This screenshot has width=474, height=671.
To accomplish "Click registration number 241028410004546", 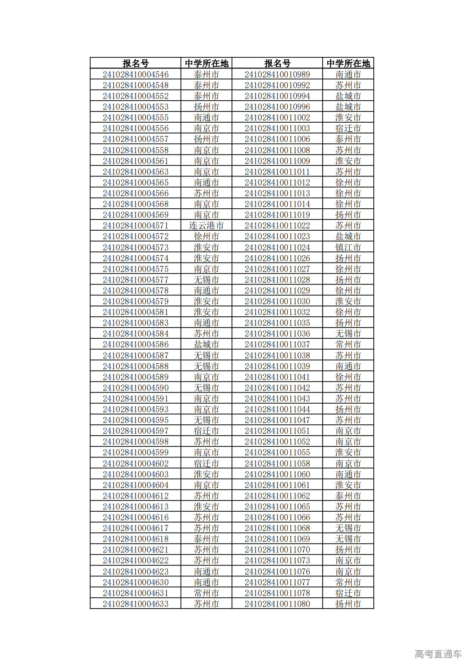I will click(x=135, y=74).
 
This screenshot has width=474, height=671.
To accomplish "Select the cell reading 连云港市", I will click(x=206, y=226).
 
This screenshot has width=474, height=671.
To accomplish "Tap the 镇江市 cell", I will click(x=348, y=247).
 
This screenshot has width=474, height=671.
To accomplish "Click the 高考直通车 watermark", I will click(x=438, y=654).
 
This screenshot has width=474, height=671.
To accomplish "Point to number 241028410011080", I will click(x=277, y=604).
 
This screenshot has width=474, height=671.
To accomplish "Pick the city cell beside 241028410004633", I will click(x=206, y=604).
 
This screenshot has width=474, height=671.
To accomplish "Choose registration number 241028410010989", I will click(x=277, y=74).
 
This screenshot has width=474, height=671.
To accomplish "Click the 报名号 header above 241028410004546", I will click(x=135, y=63).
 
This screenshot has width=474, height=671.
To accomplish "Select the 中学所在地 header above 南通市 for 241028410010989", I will click(x=348, y=63).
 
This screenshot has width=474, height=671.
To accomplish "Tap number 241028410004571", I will click(x=135, y=226).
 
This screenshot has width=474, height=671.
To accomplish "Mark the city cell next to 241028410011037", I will click(x=348, y=344).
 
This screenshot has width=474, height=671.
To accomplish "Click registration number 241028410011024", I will click(x=277, y=247).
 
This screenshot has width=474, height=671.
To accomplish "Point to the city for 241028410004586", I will click(x=206, y=344).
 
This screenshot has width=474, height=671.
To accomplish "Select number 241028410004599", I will click(x=135, y=452).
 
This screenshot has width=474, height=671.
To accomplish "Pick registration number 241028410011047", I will click(x=277, y=420).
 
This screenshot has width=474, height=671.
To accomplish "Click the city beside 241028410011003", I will click(x=348, y=128).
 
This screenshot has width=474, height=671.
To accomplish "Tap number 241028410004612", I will click(x=135, y=496).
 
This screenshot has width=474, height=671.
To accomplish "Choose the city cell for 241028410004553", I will click(x=206, y=107).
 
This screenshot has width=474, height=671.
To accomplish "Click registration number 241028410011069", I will click(x=277, y=539).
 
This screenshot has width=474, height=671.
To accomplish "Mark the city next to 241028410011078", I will click(x=348, y=593).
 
